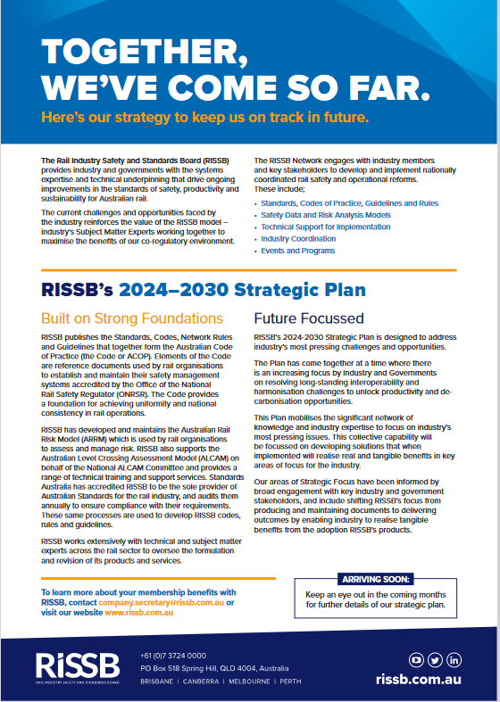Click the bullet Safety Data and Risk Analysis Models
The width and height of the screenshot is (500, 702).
click(325, 215)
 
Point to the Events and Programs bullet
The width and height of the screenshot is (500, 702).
click(297, 252)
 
